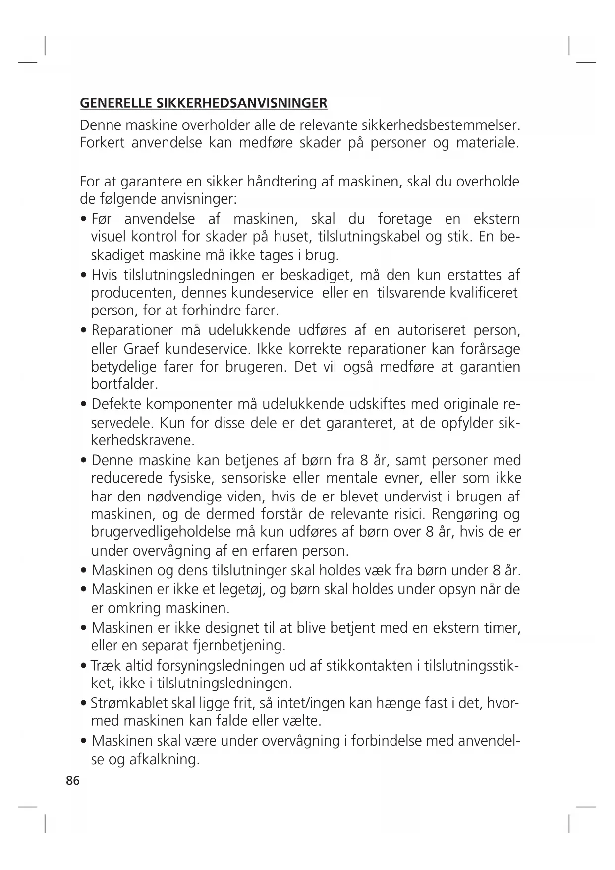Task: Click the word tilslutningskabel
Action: (x=369, y=236)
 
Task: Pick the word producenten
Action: (x=130, y=292)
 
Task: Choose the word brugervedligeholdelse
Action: (x=155, y=532)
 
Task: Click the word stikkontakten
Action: (x=369, y=665)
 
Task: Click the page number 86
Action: (x=72, y=781)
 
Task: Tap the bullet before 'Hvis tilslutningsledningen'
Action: (x=84, y=275)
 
